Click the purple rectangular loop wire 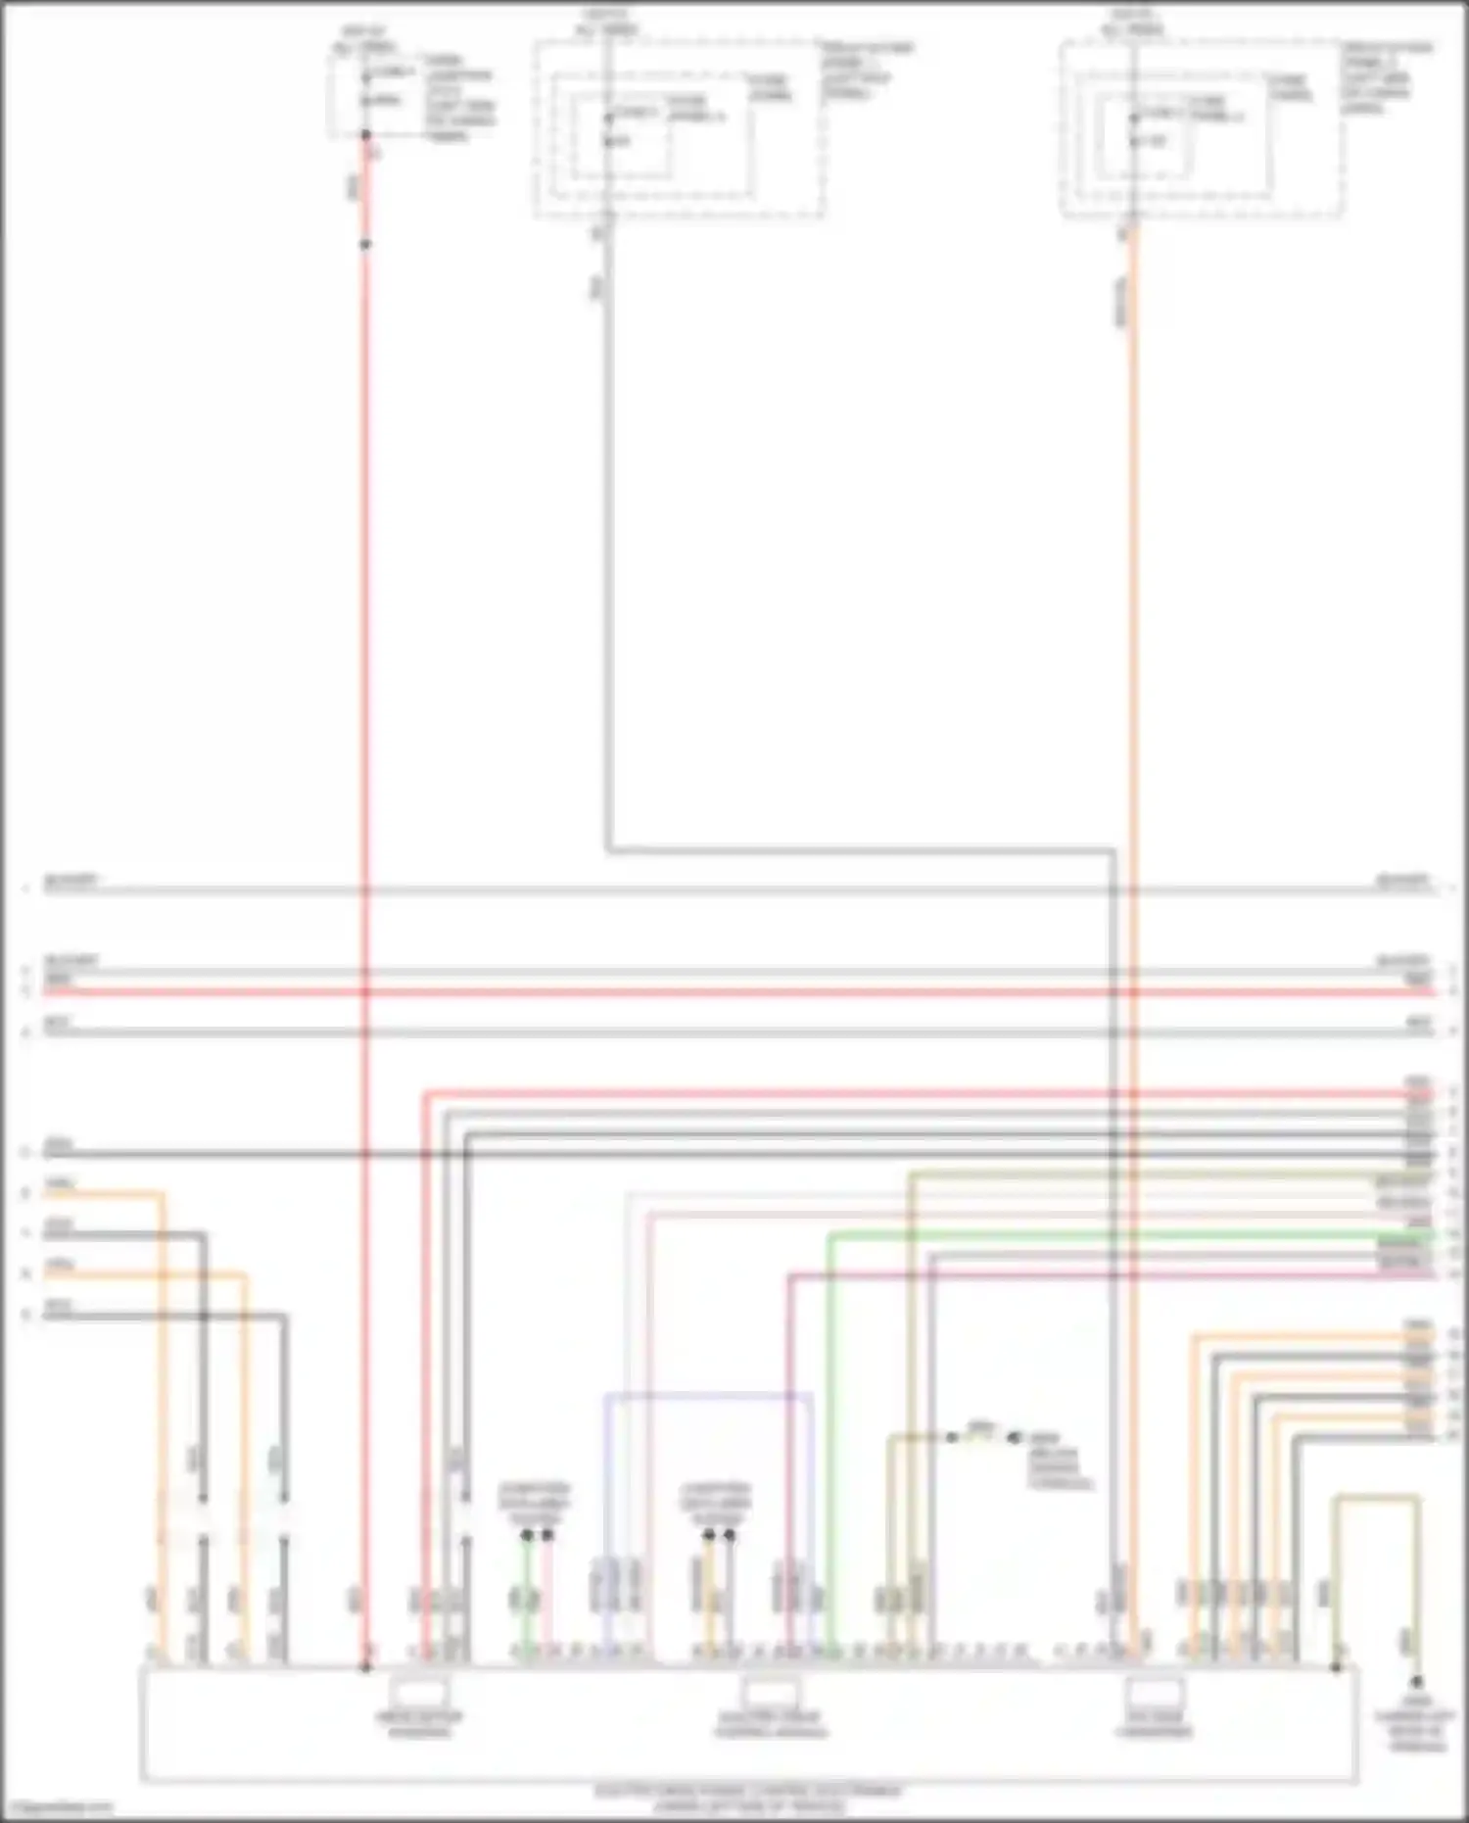coord(708,1393)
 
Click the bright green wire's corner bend coord(830,1237)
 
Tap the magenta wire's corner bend coord(791,1276)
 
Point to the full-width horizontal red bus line coord(734,992)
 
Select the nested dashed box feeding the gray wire coord(678,127)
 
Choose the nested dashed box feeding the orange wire coord(1201,127)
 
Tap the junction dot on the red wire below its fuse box coord(365,244)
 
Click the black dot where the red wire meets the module coord(365,1666)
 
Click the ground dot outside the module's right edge coord(1416,1681)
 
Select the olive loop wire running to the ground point coord(1376,1497)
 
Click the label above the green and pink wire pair coord(534,1504)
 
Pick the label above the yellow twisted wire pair coord(716,1504)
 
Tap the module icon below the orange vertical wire coord(1155,1692)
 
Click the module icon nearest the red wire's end coord(420,1692)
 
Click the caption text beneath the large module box coord(749,1799)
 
